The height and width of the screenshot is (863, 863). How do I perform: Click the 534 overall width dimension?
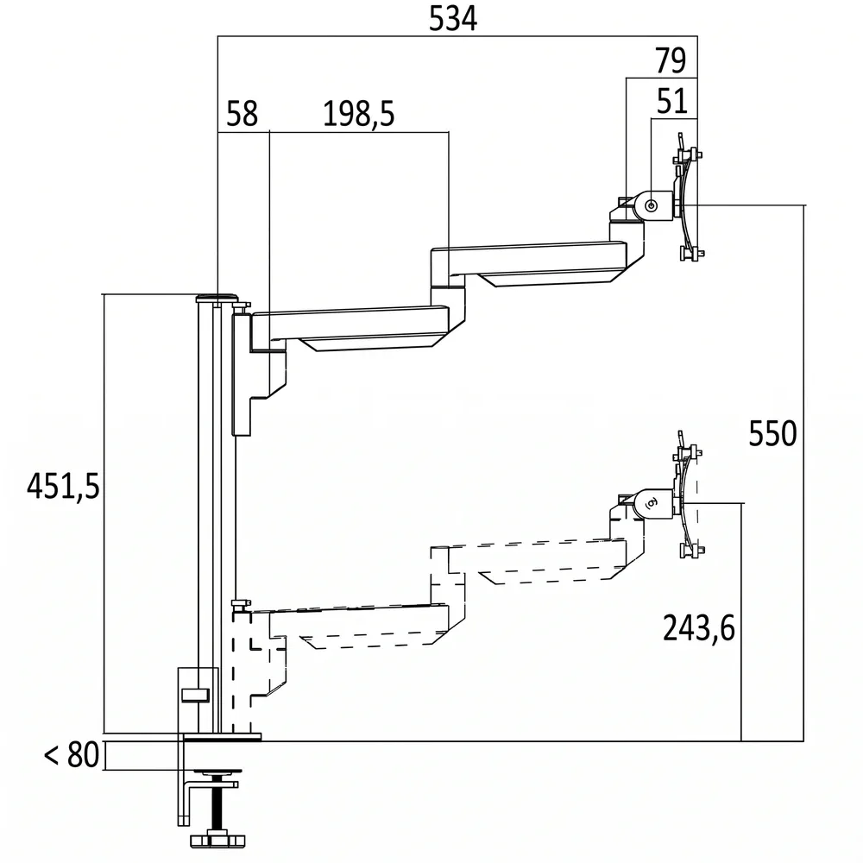452,19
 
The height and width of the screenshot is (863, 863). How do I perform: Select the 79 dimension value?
671,60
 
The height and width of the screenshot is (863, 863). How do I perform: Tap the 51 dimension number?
672,101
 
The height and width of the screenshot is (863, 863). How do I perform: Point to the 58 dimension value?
242,114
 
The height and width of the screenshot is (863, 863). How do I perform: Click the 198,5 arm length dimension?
358,114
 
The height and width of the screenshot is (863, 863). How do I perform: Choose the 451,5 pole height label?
63,487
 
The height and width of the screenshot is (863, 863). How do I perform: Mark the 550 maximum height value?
772,434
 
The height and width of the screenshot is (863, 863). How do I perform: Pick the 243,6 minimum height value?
698,628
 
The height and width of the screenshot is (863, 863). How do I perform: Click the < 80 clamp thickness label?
72,754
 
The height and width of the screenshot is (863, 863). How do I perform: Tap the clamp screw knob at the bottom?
217,840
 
